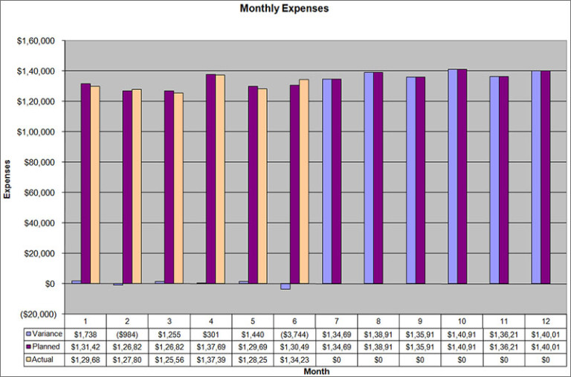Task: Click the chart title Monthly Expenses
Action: click(285, 9)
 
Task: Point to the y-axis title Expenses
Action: click(8, 178)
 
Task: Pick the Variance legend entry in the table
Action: click(44, 334)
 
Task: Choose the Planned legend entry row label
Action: click(44, 347)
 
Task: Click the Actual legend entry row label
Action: click(42, 359)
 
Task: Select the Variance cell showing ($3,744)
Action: click(294, 334)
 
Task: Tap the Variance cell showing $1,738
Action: click(86, 334)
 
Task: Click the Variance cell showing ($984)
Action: click(127, 334)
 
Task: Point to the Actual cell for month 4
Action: click(211, 359)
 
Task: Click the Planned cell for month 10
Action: click(462, 347)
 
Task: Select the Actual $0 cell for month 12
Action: click(545, 359)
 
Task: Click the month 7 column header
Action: click(336, 320)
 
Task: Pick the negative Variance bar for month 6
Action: click(285, 286)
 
